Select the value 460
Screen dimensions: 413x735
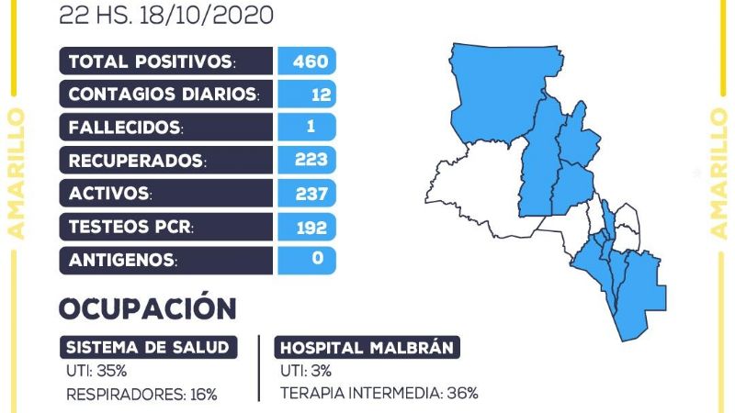308,61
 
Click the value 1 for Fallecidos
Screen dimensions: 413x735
318,127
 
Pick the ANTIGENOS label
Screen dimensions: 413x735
122,260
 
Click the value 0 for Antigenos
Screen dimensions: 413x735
318,259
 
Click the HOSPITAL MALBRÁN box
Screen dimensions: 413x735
367,348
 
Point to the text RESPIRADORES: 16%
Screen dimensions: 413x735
141,394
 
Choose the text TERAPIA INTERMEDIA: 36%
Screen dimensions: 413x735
379,394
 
